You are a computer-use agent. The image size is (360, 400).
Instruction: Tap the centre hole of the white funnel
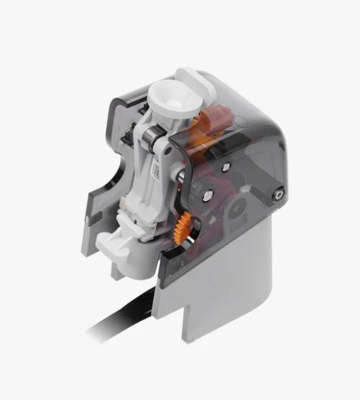coord(170,99)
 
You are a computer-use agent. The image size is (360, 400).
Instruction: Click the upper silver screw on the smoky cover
coord(225,167)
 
